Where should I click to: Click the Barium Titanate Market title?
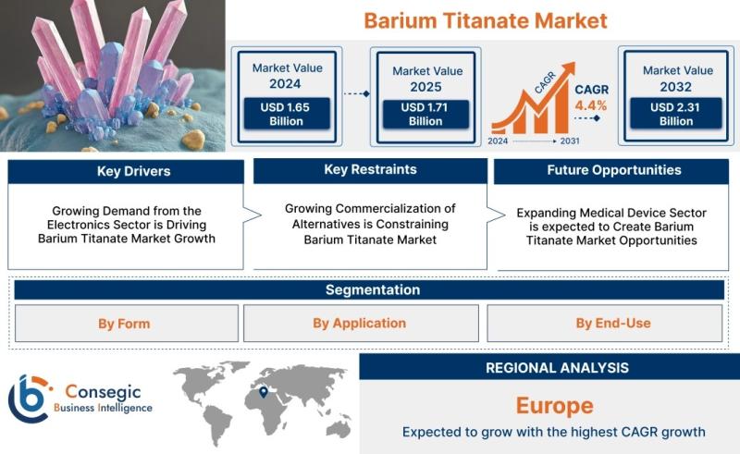pyautogui.click(x=486, y=20)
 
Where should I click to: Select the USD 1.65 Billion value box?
pyautogui.click(x=287, y=114)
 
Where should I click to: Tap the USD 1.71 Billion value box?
pyautogui.click(x=425, y=115)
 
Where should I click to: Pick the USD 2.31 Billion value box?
pyautogui.click(x=676, y=114)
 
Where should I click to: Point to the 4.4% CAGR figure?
pyautogui.click(x=591, y=105)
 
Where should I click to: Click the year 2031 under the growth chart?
pyautogui.click(x=570, y=141)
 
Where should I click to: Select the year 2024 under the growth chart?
pyautogui.click(x=498, y=141)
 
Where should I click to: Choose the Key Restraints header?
pyautogui.click(x=371, y=170)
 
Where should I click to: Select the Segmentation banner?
pyautogui.click(x=369, y=289)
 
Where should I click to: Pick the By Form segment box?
pyautogui.click(x=127, y=324)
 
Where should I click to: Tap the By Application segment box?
pyautogui.click(x=361, y=324)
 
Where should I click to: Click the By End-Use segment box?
pyautogui.click(x=605, y=324)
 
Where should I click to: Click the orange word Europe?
pyautogui.click(x=554, y=406)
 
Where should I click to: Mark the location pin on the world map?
pyautogui.click(x=264, y=392)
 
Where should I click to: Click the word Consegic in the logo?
pyautogui.click(x=103, y=391)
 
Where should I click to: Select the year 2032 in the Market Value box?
pyautogui.click(x=676, y=87)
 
